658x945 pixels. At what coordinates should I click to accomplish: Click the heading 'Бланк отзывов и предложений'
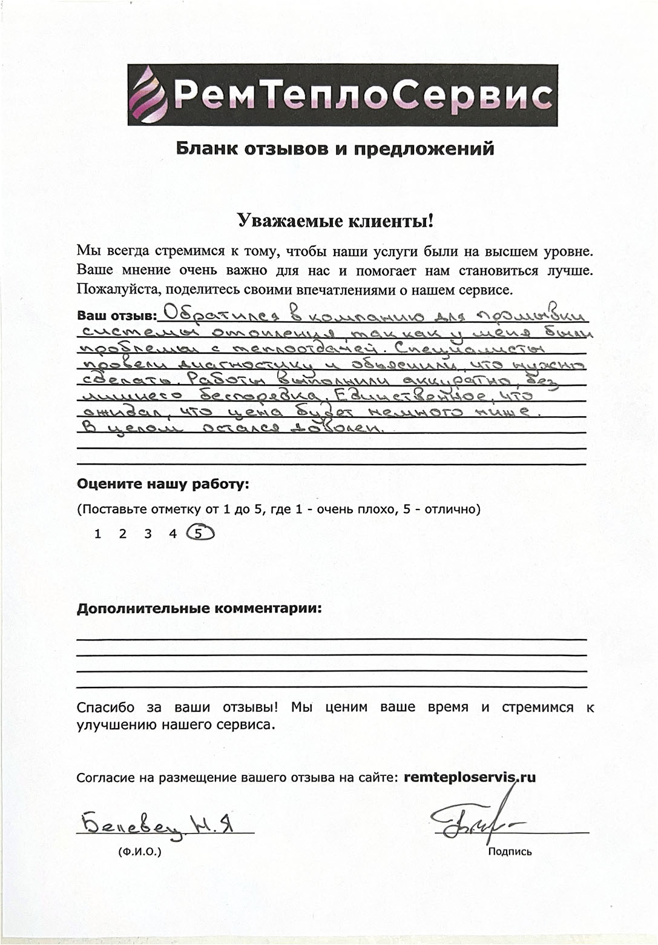(x=335, y=149)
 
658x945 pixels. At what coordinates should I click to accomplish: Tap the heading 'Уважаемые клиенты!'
(x=335, y=221)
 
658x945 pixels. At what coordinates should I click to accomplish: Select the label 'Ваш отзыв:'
(x=116, y=316)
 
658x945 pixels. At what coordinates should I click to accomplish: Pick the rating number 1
(x=98, y=534)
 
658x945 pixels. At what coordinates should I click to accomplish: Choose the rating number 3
(x=148, y=534)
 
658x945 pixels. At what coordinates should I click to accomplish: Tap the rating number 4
(x=173, y=534)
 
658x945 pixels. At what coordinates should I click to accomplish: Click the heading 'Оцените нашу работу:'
(x=163, y=484)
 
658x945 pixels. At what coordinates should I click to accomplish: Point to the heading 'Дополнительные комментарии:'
(x=199, y=609)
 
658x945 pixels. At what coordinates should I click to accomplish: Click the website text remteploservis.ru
(x=469, y=777)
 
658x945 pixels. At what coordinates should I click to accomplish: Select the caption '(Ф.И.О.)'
(x=140, y=851)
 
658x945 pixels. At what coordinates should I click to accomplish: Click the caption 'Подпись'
(x=510, y=852)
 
